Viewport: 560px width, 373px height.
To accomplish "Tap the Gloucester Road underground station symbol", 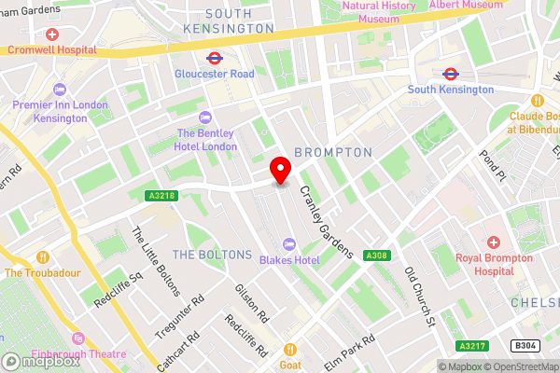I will [214, 56].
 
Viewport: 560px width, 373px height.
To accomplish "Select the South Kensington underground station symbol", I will [450, 73].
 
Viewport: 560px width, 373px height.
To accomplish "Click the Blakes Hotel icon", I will [291, 243].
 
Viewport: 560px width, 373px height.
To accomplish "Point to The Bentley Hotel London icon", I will [205, 117].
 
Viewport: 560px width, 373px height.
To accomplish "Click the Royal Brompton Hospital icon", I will [492, 242].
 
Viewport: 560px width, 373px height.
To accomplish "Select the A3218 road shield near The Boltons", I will [161, 195].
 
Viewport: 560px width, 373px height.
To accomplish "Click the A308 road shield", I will [377, 256].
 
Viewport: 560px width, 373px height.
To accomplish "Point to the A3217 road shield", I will [471, 345].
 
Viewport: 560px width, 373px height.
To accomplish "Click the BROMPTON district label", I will [333, 151].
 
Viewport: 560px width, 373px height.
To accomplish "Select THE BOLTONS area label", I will [212, 255].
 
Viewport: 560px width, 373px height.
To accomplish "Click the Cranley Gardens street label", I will [326, 219].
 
